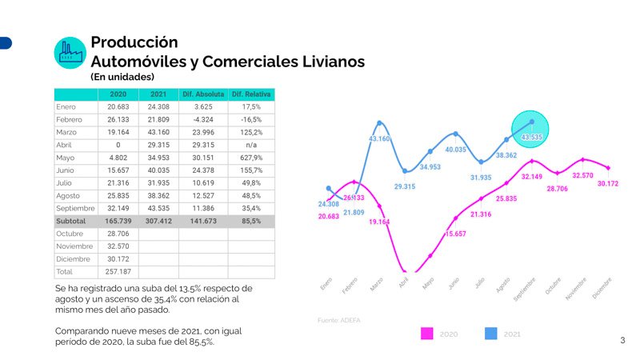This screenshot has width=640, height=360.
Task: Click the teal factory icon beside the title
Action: click(70, 52)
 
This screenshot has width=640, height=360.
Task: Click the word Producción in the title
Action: click(134, 42)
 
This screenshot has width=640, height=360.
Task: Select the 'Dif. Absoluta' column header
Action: click(203, 94)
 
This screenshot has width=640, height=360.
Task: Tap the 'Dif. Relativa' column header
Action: click(251, 94)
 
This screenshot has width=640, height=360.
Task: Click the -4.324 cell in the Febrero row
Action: click(203, 119)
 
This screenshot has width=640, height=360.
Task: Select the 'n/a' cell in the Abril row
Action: click(251, 145)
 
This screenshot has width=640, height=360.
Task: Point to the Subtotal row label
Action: click(75, 220)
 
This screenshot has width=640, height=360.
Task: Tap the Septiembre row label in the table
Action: click(75, 207)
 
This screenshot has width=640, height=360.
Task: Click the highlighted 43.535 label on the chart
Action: click(532, 138)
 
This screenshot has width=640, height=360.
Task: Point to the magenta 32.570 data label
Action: click(582, 175)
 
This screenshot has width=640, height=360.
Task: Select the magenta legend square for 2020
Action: click(427, 334)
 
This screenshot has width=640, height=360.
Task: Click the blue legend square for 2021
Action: click(491, 334)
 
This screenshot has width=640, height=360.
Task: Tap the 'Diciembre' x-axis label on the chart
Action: click(602, 288)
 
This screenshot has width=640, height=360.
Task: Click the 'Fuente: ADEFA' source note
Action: click(340, 320)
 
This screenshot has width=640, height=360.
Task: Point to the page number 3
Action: click(622, 341)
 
